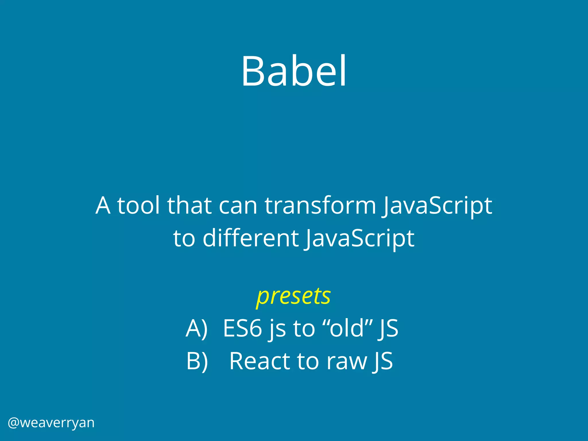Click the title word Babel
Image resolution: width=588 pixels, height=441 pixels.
pos(294,71)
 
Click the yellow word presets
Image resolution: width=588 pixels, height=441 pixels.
pos(293,296)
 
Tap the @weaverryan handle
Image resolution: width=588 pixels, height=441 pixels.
pos(51,423)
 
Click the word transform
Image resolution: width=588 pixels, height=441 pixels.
pos(320,206)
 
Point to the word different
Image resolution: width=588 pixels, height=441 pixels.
pos(251,238)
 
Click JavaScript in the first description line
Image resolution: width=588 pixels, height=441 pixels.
pos(437,206)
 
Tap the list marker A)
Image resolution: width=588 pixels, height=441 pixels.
pos(197,329)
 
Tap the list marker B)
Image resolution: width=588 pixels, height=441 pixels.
pos(197,361)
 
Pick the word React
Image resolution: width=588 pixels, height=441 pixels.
pos(260,361)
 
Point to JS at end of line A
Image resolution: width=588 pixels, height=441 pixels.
pos(388,329)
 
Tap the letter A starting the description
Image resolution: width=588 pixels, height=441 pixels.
pos(103,206)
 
